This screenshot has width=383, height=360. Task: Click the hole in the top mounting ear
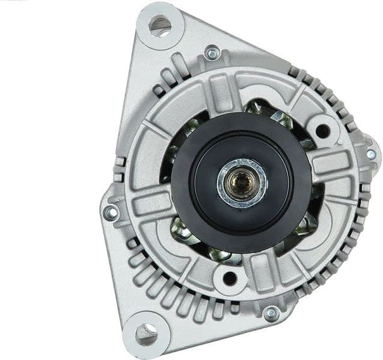(159, 26)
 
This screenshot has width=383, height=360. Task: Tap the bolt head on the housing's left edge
(111, 213)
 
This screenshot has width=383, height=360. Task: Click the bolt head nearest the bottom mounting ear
(271, 313)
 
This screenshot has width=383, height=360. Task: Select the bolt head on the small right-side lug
(371, 154)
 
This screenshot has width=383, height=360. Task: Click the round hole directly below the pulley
(229, 278)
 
